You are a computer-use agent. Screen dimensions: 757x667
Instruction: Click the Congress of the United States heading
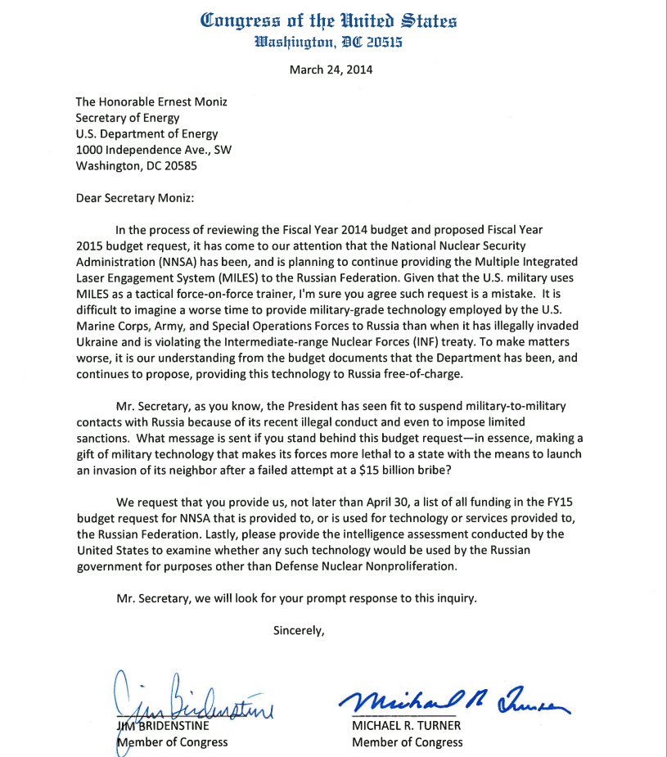328,20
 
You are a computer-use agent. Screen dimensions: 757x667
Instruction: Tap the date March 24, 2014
331,70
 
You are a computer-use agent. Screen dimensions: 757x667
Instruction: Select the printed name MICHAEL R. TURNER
407,726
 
